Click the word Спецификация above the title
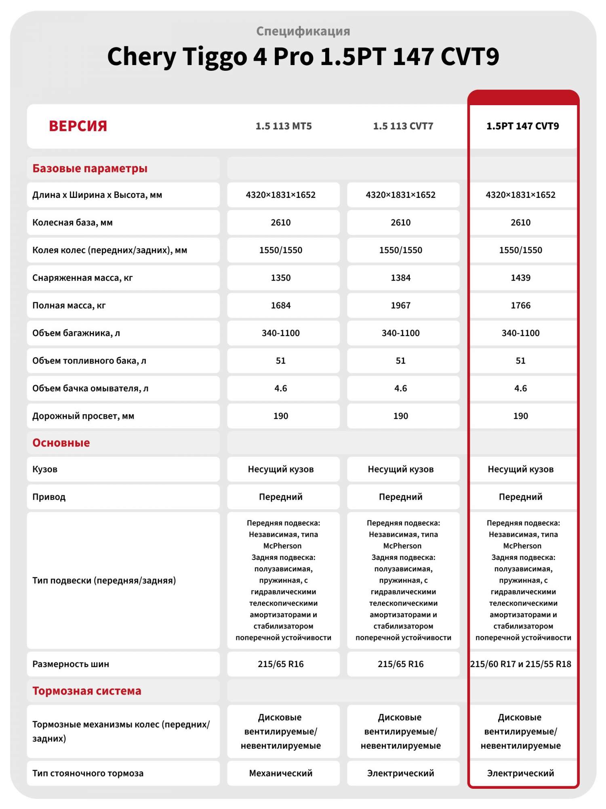pyautogui.click(x=303, y=31)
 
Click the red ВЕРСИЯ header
pyautogui.click(x=78, y=126)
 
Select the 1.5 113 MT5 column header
pyautogui.click(x=284, y=126)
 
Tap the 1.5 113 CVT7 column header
pyautogui.click(x=403, y=126)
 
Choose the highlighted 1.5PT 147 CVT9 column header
pyautogui.click(x=522, y=126)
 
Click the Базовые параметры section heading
pyautogui.click(x=90, y=168)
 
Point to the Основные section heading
pyautogui.click(x=61, y=443)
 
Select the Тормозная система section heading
pyautogui.click(x=87, y=691)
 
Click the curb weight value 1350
pyautogui.click(x=280, y=278)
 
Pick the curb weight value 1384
pyautogui.click(x=400, y=278)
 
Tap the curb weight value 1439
pyautogui.click(x=520, y=278)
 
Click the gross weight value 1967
pyautogui.click(x=400, y=305)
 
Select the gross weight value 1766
pyautogui.click(x=520, y=305)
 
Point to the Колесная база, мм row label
pyautogui.click(x=72, y=222)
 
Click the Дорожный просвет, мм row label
pyautogui.click(x=83, y=416)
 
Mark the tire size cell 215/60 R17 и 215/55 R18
pyautogui.click(x=521, y=664)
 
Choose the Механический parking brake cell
pyautogui.click(x=280, y=773)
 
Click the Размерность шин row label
pyautogui.click(x=71, y=664)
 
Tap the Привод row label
pyautogui.click(x=49, y=497)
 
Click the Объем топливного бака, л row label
pyautogui.click(x=89, y=361)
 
